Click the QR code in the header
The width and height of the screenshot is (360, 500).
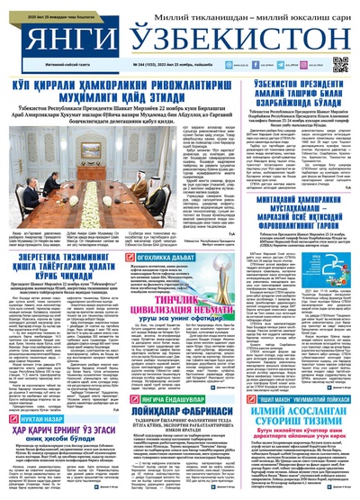coord(339,64)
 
